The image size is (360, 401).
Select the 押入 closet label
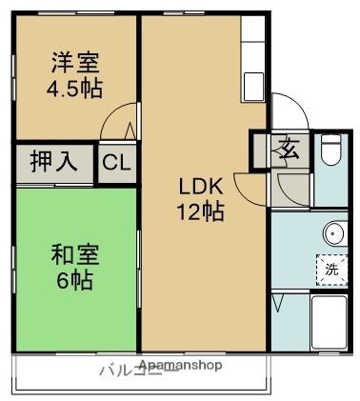click(x=54, y=162)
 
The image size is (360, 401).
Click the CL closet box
click(x=116, y=163)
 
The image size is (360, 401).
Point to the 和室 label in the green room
click(x=74, y=255)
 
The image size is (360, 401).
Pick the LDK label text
click(x=201, y=187)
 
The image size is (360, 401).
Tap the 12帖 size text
click(x=201, y=211)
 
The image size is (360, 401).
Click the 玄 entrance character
click(x=289, y=148)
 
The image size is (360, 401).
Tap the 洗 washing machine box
click(x=331, y=269)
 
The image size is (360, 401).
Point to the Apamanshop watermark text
click(x=180, y=365)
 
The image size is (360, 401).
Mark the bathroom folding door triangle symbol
click(x=277, y=303)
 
